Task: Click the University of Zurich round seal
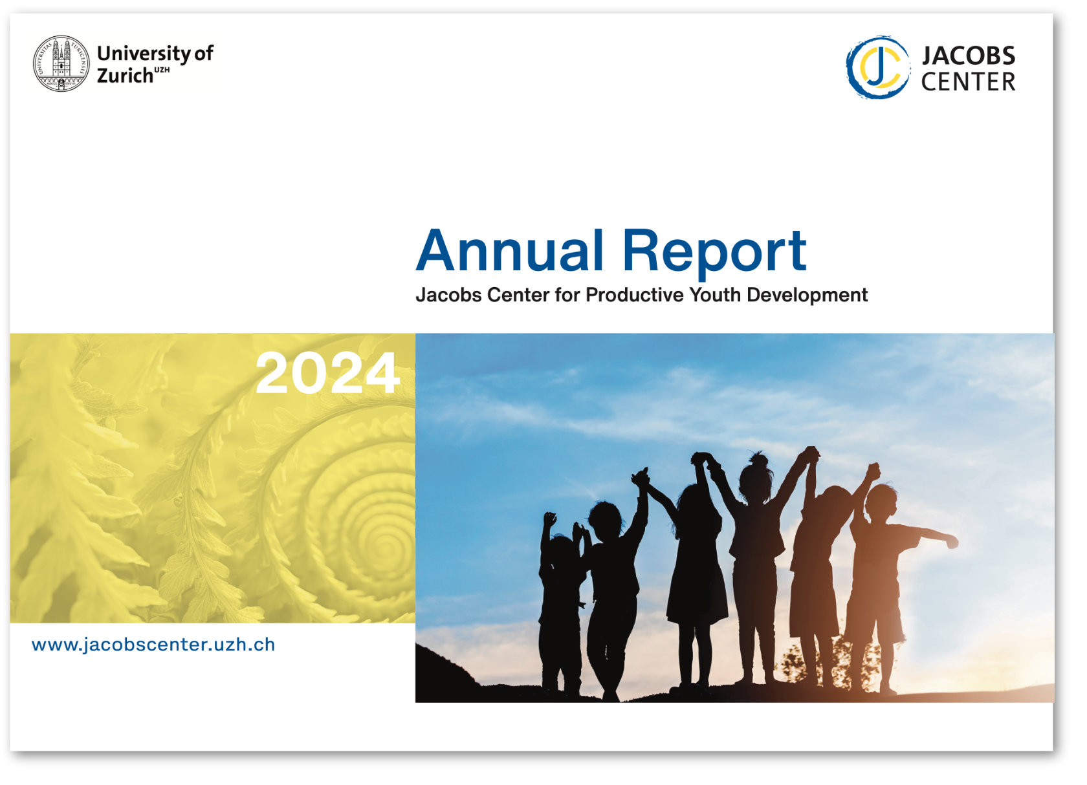point(61,63)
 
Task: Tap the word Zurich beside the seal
point(126,76)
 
